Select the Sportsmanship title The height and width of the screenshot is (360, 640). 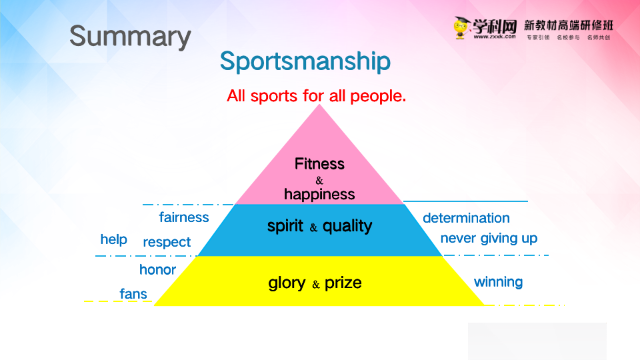(305, 61)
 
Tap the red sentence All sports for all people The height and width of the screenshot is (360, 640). (316, 96)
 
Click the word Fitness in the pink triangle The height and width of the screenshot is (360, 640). (319, 164)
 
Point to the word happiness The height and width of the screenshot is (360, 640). (319, 195)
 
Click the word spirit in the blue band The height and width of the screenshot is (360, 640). (285, 226)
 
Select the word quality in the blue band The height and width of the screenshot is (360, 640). (347, 226)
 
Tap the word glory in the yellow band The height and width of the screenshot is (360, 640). (287, 283)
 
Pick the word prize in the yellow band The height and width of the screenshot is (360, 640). (343, 283)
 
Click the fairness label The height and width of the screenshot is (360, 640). (184, 217)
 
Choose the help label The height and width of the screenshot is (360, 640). (113, 239)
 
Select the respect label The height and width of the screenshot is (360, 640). (167, 243)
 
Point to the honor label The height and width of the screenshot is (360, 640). (157, 270)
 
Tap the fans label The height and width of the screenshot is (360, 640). (133, 294)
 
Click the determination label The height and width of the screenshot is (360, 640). (466, 218)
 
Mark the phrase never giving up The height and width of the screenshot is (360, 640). (489, 239)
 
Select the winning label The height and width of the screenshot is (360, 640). (498, 282)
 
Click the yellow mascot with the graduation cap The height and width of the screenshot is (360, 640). (461, 28)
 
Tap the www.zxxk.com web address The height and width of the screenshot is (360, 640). (495, 37)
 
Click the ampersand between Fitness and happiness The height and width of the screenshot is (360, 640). (319, 181)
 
